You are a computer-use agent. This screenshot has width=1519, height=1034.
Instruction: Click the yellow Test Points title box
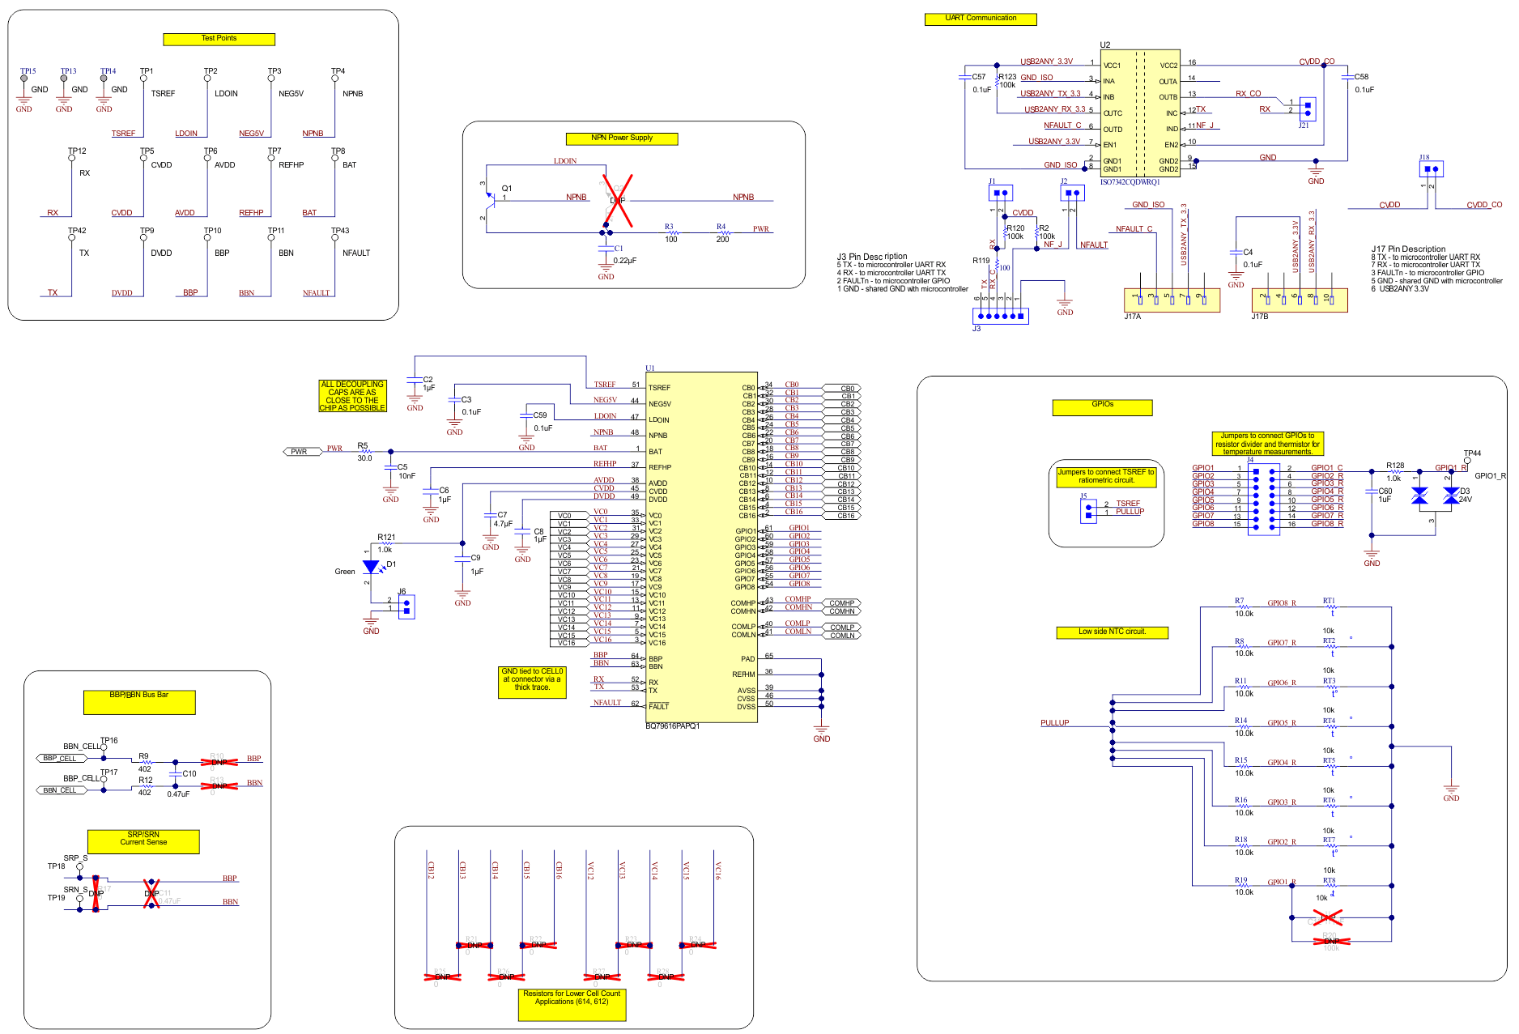click(x=219, y=39)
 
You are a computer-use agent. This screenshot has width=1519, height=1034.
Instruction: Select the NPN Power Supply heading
click(x=622, y=138)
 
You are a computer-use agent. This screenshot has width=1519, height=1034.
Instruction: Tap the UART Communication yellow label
click(x=981, y=19)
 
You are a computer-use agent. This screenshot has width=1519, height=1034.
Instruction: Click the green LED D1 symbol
click(x=371, y=567)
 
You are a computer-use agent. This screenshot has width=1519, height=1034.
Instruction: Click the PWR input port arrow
click(x=300, y=452)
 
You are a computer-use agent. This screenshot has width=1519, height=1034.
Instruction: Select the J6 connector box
click(x=406, y=606)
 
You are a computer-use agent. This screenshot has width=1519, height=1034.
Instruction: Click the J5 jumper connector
click(x=1087, y=510)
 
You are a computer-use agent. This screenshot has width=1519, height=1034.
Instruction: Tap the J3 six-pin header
click(x=1001, y=316)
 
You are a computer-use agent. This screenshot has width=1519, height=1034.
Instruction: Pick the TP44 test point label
click(x=1472, y=453)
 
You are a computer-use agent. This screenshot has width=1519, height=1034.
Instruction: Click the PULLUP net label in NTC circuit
click(x=1054, y=723)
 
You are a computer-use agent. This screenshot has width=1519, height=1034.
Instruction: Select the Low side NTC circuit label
click(x=1112, y=632)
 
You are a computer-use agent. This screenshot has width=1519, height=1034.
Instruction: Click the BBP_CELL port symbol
click(x=61, y=759)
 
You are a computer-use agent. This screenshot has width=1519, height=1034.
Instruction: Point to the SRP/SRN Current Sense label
click(x=143, y=840)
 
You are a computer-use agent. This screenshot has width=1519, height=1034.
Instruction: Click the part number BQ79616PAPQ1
click(x=672, y=726)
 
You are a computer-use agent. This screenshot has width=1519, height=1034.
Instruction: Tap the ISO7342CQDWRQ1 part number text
click(x=1130, y=182)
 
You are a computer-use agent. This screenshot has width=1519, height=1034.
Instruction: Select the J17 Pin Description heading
click(x=1408, y=249)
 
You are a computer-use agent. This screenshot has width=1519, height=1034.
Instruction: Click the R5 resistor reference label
click(x=362, y=445)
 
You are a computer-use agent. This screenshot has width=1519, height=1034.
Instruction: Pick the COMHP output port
click(x=842, y=603)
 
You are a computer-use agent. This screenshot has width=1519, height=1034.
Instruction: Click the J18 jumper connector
click(x=1431, y=168)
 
